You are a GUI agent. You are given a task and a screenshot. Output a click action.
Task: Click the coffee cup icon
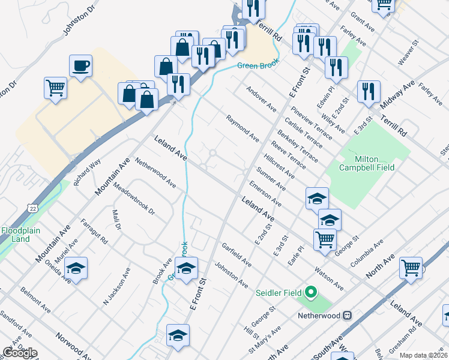80,65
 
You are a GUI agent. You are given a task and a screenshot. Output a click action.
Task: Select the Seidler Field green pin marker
310,293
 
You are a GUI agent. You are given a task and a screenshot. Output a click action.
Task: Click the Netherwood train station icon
347,315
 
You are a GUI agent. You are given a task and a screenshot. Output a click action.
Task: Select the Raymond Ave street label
243,128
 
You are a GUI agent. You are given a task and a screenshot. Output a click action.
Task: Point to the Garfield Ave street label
236,255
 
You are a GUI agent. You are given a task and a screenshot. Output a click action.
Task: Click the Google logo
20,353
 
